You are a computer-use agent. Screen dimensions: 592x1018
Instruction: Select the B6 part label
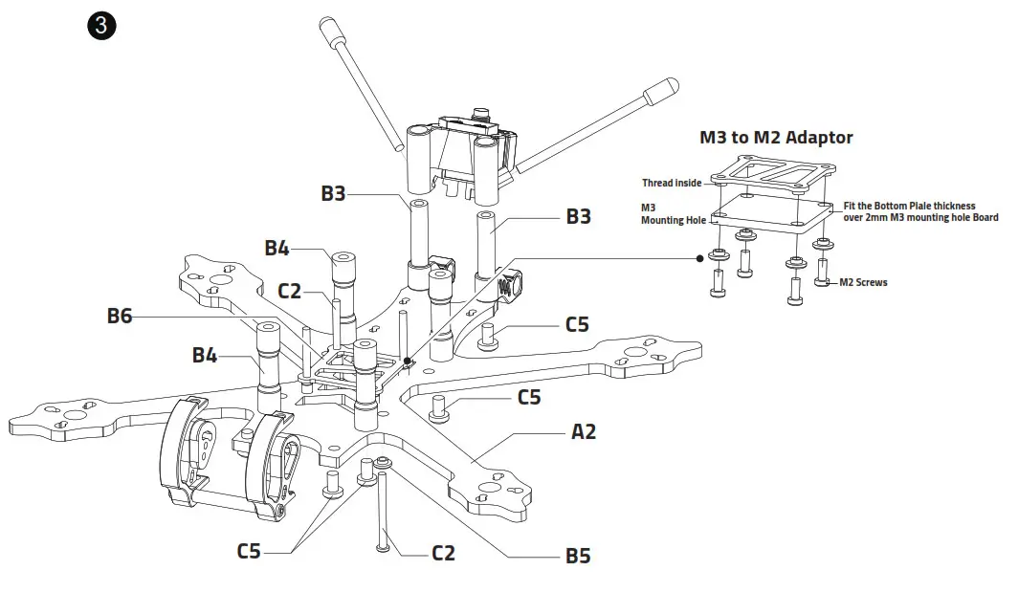[120, 316]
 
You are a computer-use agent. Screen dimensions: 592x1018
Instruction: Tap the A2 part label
[584, 431]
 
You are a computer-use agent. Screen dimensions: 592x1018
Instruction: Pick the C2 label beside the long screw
[443, 553]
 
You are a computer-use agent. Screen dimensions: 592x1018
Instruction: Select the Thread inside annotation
[672, 183]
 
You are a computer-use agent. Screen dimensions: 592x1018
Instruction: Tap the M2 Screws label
[863, 283]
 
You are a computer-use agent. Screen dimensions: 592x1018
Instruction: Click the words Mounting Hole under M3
[674, 221]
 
